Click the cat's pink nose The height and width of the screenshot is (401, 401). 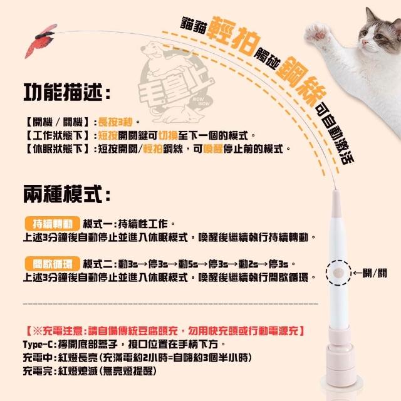364,43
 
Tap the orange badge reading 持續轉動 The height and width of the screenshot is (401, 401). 53,224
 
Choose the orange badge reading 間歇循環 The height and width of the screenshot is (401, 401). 53,264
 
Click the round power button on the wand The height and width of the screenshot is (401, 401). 338,273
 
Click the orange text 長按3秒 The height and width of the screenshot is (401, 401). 115,122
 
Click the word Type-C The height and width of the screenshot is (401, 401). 38,345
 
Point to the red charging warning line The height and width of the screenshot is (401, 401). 165,331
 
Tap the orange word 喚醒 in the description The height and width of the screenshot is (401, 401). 213,149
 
